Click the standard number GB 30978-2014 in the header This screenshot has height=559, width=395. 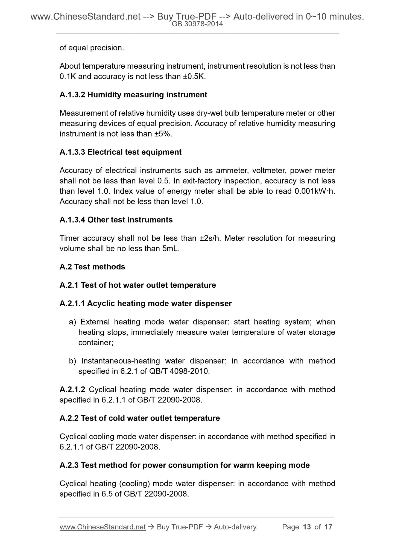(x=197, y=24)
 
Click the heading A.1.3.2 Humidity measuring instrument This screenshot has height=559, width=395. (x=133, y=95)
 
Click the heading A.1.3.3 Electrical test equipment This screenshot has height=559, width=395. (x=120, y=152)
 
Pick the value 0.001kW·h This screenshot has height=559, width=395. (x=314, y=191)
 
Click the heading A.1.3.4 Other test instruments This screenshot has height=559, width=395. (x=116, y=220)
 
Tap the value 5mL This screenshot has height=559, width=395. (x=171, y=249)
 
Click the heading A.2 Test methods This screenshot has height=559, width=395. (x=92, y=267)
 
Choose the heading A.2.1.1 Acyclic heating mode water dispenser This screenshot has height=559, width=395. (x=145, y=304)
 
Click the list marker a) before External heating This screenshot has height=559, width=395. (x=73, y=322)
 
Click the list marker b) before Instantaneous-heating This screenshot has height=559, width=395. (x=73, y=361)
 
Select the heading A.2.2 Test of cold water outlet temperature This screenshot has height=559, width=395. (x=139, y=418)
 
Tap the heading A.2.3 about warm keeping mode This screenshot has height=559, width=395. (x=185, y=465)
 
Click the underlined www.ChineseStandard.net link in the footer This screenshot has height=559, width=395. (x=102, y=527)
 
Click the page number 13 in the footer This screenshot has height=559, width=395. (x=307, y=527)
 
